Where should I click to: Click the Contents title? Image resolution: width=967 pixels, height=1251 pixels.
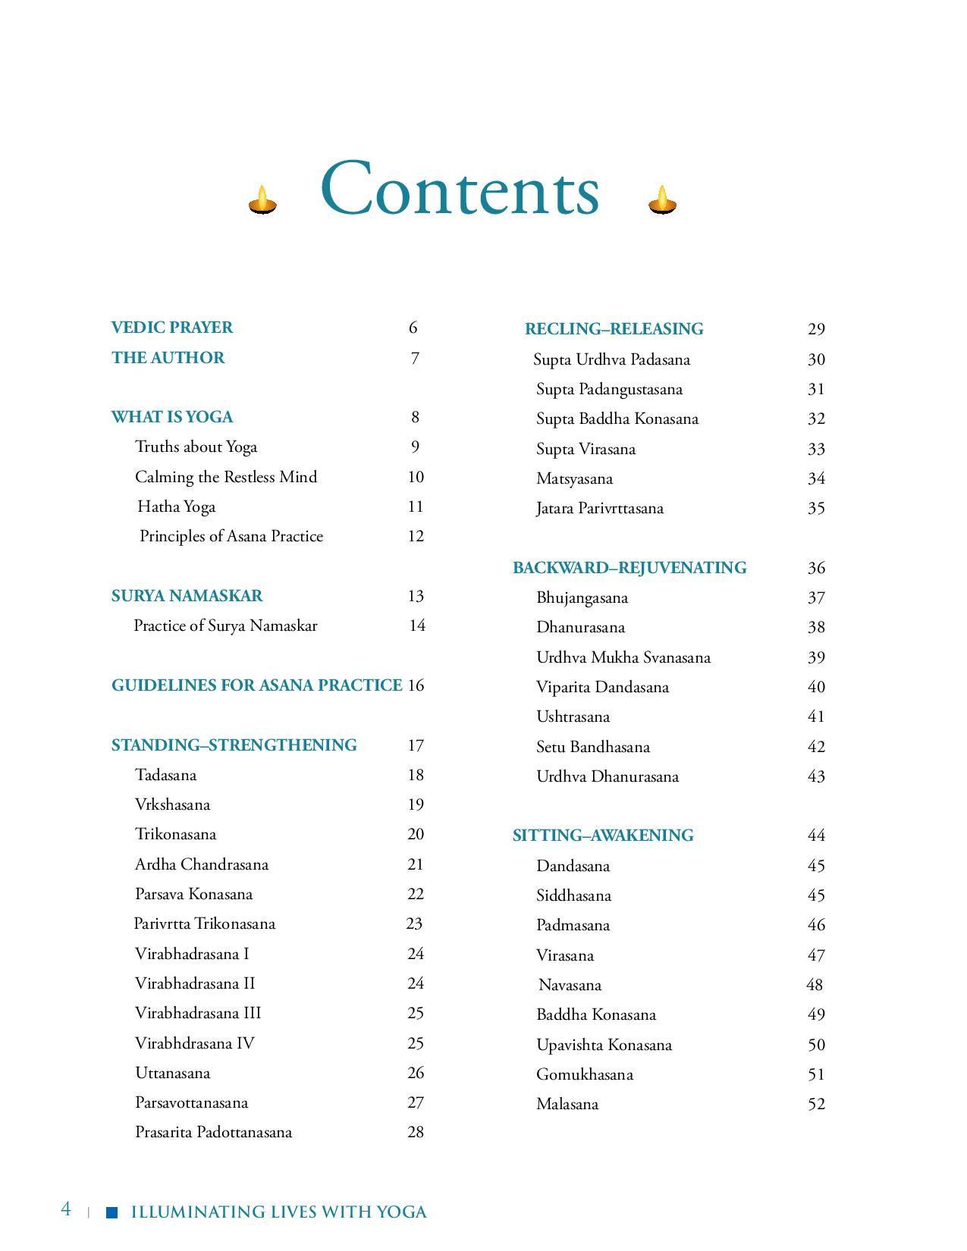pyautogui.click(x=460, y=190)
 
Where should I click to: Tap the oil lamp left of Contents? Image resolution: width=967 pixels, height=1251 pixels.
pyautogui.click(x=262, y=200)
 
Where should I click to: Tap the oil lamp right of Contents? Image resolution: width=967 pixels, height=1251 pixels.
pyautogui.click(x=662, y=200)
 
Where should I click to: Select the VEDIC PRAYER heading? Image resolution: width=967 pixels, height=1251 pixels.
pyautogui.click(x=172, y=328)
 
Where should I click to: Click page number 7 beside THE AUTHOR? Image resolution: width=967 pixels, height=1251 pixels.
pyautogui.click(x=415, y=358)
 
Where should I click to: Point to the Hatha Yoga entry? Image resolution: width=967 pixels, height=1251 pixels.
pyautogui.click(x=177, y=506)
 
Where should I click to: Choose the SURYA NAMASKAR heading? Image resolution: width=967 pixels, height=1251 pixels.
pyautogui.click(x=187, y=596)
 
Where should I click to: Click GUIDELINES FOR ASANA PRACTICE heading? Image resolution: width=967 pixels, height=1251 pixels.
pyautogui.click(x=256, y=685)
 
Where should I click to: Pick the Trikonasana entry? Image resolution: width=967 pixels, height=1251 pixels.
pyautogui.click(x=175, y=834)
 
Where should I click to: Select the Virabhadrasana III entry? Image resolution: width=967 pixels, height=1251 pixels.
pyautogui.click(x=198, y=1013)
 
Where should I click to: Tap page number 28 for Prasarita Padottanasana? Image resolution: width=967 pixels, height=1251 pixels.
pyautogui.click(x=415, y=1132)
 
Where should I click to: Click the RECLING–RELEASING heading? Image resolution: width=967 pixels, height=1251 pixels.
pyautogui.click(x=614, y=329)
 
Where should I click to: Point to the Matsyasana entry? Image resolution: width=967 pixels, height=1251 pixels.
pyautogui.click(x=574, y=478)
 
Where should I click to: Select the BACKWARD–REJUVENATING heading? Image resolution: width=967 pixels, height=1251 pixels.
pyautogui.click(x=629, y=568)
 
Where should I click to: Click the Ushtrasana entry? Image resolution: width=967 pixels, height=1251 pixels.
pyautogui.click(x=573, y=716)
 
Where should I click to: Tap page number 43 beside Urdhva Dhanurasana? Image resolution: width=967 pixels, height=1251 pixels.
pyautogui.click(x=816, y=776)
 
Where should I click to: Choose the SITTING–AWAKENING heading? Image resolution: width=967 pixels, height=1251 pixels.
pyautogui.click(x=603, y=836)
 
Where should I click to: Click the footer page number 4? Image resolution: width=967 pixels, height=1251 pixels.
pyautogui.click(x=66, y=1209)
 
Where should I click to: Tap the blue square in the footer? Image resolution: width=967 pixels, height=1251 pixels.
pyautogui.click(x=112, y=1212)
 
